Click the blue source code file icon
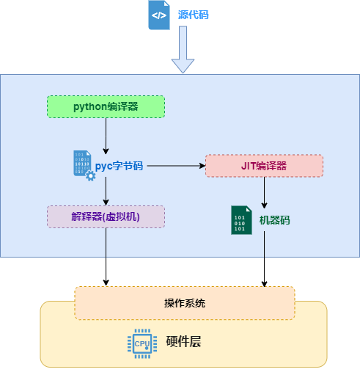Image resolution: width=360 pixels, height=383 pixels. click(x=159, y=15)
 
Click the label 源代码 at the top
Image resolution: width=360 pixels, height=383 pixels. click(x=193, y=15)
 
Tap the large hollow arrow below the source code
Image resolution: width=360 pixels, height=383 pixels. click(x=183, y=54)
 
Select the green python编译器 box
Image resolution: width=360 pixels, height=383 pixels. click(x=106, y=106)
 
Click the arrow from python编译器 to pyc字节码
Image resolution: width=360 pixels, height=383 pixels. click(x=106, y=134)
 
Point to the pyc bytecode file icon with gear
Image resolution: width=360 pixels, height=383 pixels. click(x=83, y=165)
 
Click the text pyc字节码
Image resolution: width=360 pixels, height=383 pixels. click(x=120, y=166)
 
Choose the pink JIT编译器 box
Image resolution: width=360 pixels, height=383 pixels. click(x=263, y=166)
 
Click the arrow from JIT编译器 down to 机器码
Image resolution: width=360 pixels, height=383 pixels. click(x=264, y=192)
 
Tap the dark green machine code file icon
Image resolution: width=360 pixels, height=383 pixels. click(x=241, y=220)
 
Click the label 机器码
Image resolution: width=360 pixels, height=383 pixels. click(x=275, y=220)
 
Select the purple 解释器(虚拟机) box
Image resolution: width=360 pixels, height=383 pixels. click(x=106, y=216)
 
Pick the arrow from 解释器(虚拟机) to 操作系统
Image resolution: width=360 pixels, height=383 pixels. click(x=106, y=257)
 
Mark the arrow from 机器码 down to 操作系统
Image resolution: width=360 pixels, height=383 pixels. click(x=264, y=260)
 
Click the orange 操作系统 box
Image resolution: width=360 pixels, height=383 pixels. click(x=184, y=303)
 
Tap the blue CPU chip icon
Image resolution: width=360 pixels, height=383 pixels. click(x=141, y=343)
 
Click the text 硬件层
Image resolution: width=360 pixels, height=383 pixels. click(x=183, y=343)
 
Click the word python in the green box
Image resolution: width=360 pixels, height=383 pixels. click(x=90, y=106)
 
